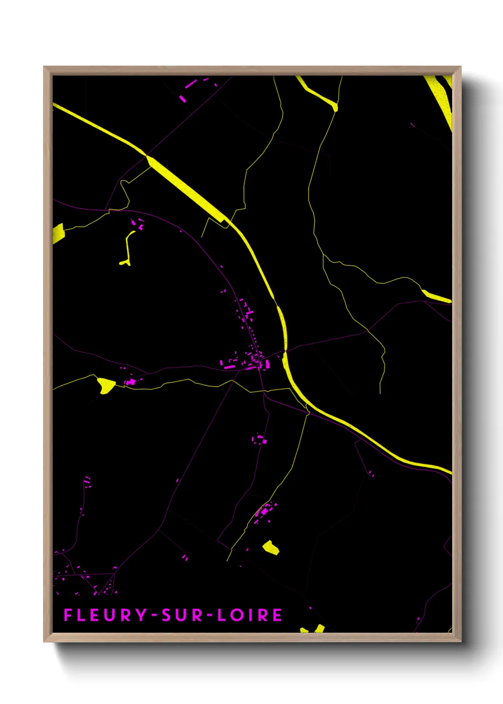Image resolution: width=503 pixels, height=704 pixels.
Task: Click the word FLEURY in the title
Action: [106, 615]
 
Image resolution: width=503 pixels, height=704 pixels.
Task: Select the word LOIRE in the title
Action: [250, 615]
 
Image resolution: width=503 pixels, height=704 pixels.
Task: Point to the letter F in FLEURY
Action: [68, 615]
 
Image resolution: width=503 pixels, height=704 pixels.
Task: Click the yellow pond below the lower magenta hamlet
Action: [271, 547]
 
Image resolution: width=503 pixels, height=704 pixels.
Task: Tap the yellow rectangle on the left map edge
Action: [58, 233]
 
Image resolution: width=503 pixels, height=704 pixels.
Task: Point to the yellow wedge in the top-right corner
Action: [440, 98]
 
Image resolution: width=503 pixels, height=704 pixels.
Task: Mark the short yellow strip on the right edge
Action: [436, 296]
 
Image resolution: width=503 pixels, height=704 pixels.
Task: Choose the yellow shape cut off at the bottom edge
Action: [314, 629]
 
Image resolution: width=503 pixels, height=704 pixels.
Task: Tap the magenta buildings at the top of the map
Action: [188, 90]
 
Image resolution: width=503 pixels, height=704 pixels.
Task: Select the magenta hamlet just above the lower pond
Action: [263, 512]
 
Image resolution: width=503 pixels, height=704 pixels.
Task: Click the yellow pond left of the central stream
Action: [106, 385]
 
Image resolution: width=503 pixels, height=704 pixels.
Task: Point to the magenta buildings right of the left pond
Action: [130, 381]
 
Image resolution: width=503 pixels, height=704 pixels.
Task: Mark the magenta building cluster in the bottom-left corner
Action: [86, 578]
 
